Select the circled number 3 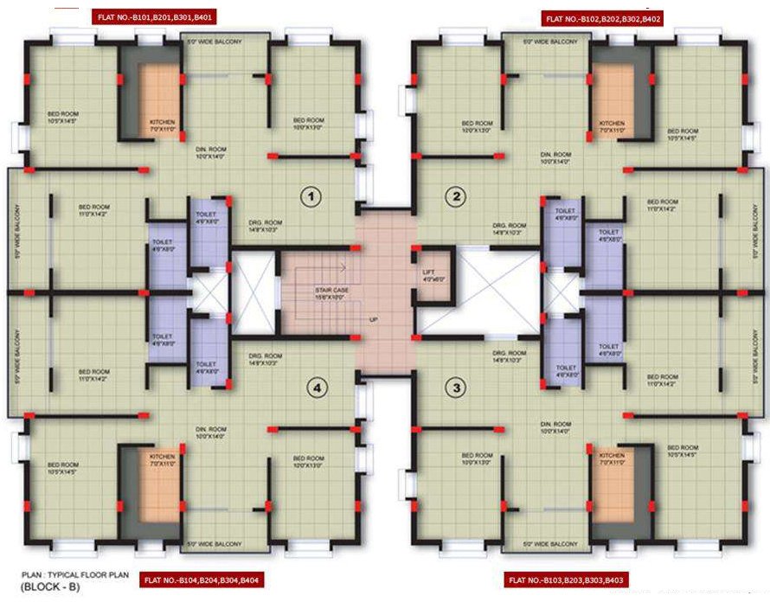coord(456,389)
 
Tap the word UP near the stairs coord(374,319)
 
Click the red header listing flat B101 coord(155,17)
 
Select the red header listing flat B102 coord(603,17)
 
